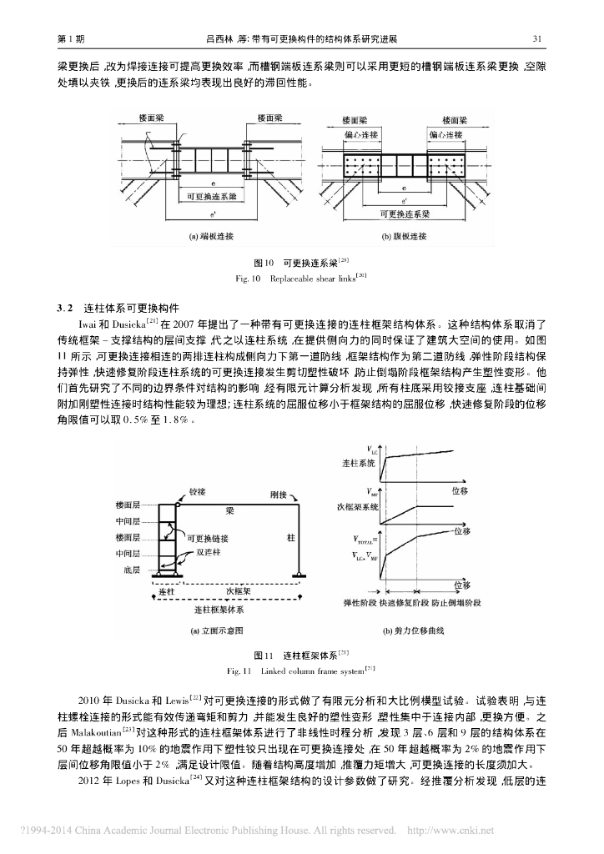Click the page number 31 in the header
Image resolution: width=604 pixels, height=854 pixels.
pyautogui.click(x=538, y=38)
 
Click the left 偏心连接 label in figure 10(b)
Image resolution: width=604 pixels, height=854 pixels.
pyautogui.click(x=360, y=134)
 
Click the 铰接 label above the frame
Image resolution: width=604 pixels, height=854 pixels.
pyautogui.click(x=198, y=493)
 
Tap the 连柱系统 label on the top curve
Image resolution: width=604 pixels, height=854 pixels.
pyautogui.click(x=359, y=462)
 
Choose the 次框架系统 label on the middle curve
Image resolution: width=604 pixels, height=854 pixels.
pyautogui.click(x=361, y=506)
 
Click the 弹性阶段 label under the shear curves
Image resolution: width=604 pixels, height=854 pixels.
pyautogui.click(x=360, y=602)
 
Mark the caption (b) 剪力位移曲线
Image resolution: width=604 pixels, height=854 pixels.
pyautogui.click(x=413, y=631)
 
